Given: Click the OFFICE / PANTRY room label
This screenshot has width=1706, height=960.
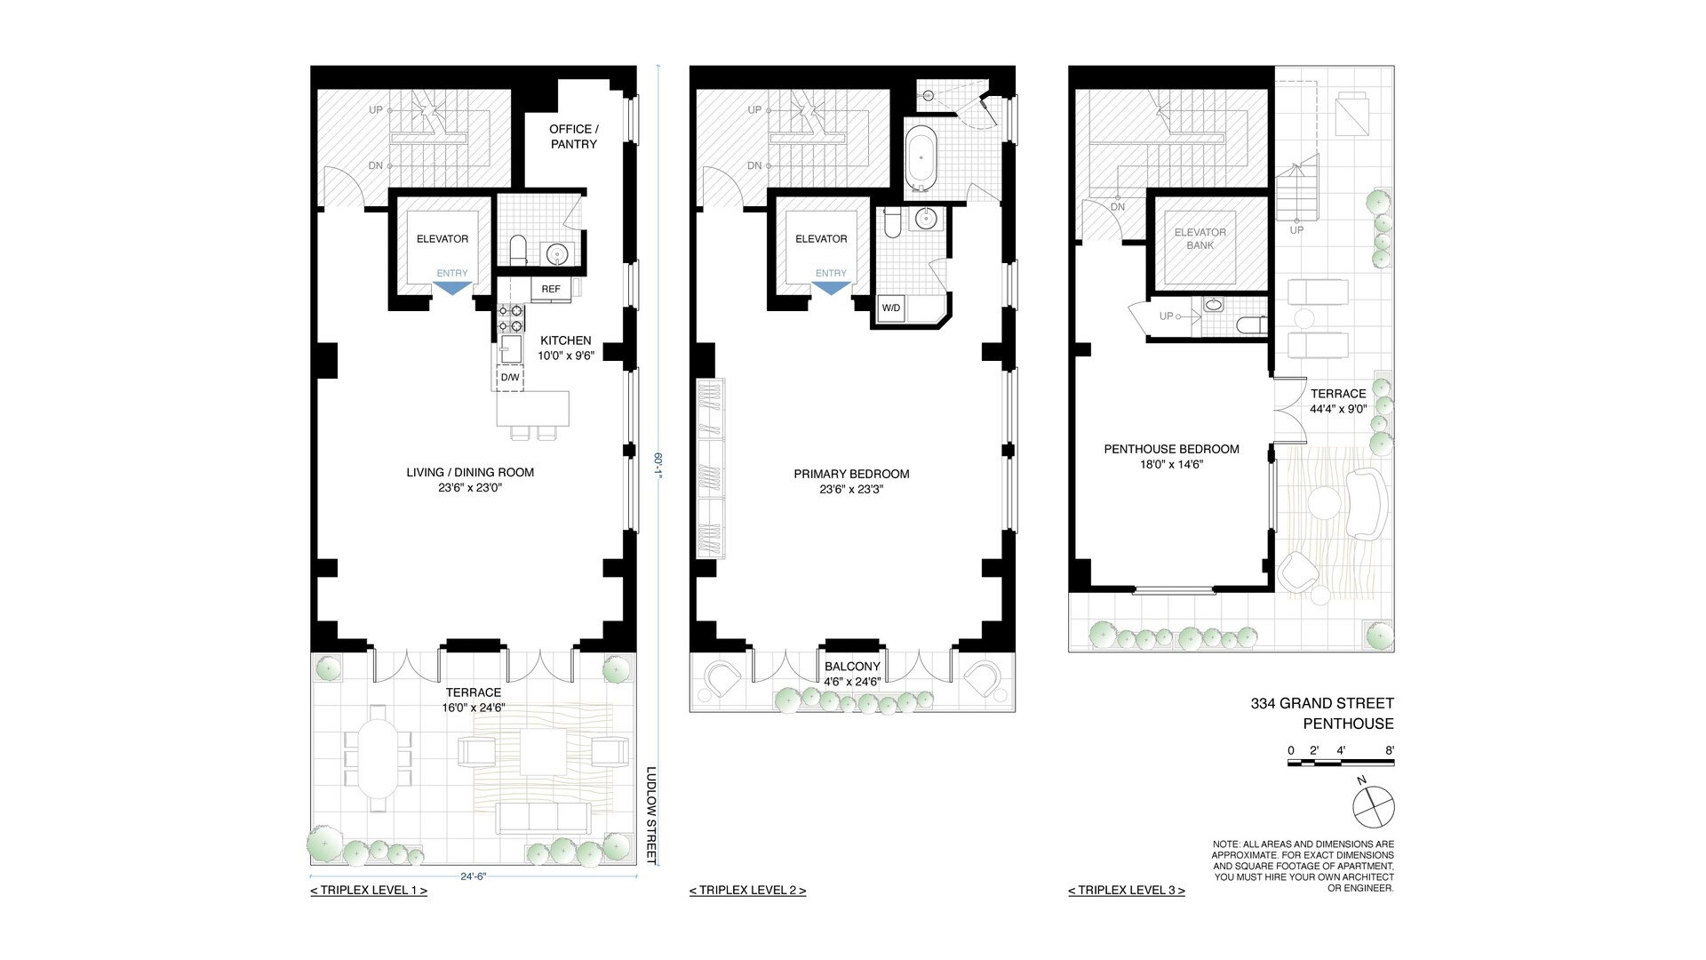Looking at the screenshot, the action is click(574, 136).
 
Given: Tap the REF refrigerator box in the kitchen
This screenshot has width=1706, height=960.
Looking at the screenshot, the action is click(551, 289).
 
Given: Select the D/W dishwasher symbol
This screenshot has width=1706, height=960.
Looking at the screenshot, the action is click(510, 378).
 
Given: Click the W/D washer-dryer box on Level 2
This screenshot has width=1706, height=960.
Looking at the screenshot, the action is click(890, 308).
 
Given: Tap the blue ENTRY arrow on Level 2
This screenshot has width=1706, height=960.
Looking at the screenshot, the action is click(831, 288).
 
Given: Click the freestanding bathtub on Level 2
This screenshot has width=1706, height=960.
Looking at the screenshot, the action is click(921, 160).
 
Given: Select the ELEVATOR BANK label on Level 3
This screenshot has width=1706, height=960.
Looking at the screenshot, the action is click(1200, 238).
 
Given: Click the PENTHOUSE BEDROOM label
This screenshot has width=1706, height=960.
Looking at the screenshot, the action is click(1171, 449).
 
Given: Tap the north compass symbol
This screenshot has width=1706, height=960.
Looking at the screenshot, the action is click(1373, 807).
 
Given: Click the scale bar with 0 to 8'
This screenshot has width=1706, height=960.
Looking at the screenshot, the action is click(1341, 762).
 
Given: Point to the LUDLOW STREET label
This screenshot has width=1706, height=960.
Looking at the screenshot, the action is click(651, 815).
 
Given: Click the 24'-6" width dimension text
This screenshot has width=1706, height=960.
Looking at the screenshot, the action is click(474, 876).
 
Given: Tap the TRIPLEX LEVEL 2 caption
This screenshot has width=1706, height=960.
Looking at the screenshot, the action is click(747, 890).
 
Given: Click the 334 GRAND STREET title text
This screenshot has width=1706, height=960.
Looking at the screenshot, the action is click(1322, 704).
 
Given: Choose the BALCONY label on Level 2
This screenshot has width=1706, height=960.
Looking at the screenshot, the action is click(852, 667).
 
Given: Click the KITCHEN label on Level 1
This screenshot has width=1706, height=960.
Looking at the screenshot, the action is click(565, 340).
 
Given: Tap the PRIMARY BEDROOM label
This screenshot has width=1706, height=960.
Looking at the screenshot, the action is click(851, 474).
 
